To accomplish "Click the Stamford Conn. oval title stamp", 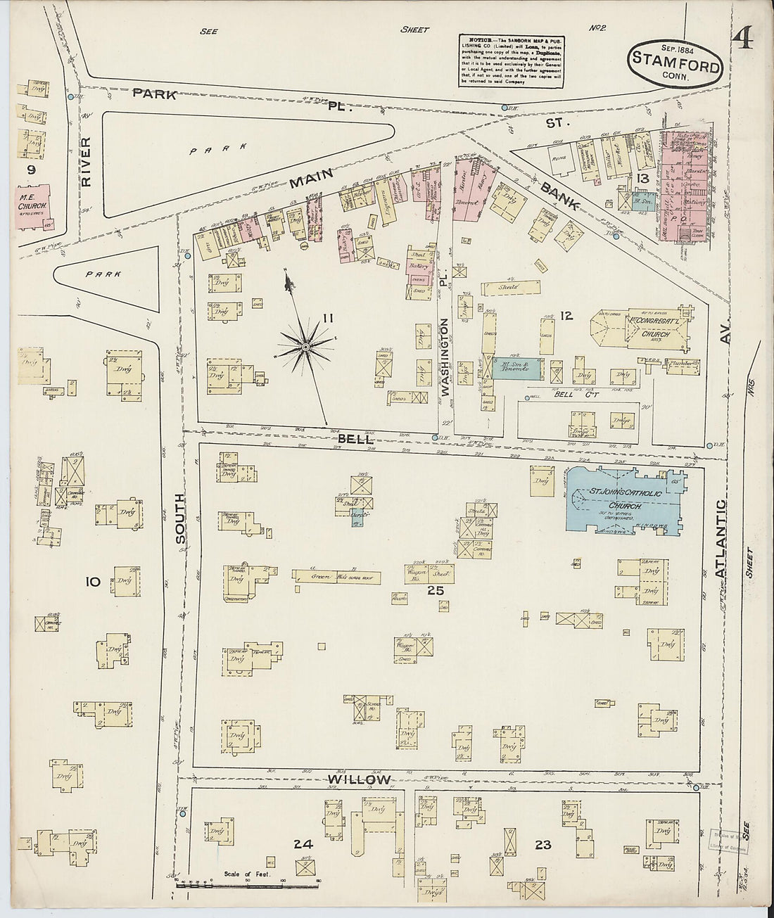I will tap(675, 65).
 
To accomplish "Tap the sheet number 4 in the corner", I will tap(742, 40).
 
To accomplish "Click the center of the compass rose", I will tap(306, 347).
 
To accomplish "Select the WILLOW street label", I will tap(358, 779).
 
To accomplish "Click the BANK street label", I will tap(559, 197).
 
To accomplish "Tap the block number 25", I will tap(436, 590).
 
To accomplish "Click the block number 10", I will tap(92, 581).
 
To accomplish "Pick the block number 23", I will tap(543, 844).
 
